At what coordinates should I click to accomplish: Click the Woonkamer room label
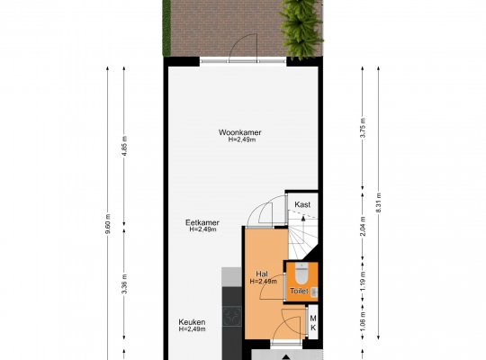(240, 132)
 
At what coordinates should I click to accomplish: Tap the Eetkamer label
(202, 222)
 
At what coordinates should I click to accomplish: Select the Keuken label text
(192, 322)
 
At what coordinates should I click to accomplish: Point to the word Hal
(262, 274)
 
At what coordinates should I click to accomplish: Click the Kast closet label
(302, 204)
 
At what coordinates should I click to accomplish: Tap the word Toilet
(299, 292)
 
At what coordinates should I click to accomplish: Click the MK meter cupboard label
(313, 323)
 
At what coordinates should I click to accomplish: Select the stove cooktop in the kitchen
(232, 316)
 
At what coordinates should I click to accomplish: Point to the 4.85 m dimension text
(124, 147)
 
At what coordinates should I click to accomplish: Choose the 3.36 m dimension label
(124, 284)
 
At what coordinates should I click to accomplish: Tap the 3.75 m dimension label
(364, 128)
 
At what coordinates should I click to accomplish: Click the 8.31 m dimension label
(378, 202)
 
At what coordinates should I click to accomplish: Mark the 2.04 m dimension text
(363, 226)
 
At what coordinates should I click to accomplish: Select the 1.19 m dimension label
(363, 281)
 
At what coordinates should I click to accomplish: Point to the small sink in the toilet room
(314, 292)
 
